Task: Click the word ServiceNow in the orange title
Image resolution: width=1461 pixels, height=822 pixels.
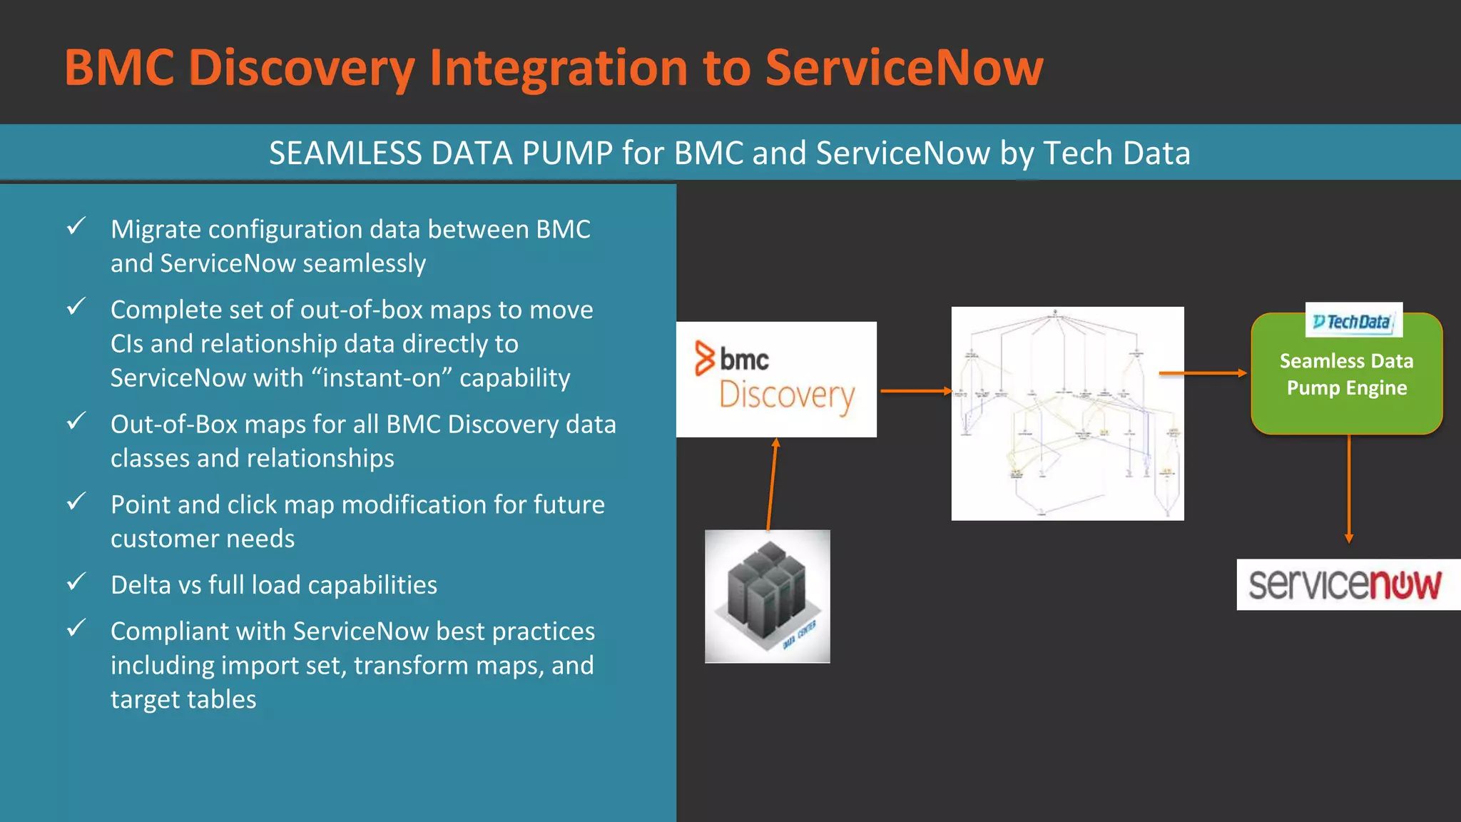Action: coord(904,68)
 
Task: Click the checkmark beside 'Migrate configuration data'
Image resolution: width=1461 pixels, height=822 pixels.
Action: coord(76,226)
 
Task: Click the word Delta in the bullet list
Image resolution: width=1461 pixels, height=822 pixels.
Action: coord(140,585)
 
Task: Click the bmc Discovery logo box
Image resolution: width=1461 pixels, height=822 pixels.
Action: coord(776,379)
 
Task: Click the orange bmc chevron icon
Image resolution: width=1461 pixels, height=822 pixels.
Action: coord(705,358)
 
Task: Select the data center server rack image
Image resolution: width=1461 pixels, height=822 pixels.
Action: coord(767,596)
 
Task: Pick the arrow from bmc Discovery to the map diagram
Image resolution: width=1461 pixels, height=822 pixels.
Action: coord(915,391)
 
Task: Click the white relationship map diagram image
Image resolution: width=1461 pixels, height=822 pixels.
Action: coord(1067,413)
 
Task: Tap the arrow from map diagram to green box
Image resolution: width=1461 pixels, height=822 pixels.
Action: coord(1202,373)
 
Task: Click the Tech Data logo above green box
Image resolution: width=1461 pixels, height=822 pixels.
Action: coord(1353,322)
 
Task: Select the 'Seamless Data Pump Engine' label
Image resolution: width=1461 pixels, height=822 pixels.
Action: coord(1346,375)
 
